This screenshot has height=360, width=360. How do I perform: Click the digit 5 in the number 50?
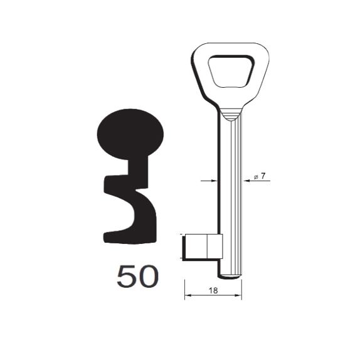pyautogui.click(x=125, y=276)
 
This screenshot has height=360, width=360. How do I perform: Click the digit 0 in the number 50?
pyautogui.click(x=147, y=276)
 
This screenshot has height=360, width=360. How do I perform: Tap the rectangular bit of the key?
pyautogui.click(x=202, y=246)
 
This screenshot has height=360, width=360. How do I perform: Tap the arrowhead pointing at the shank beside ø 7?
pyautogui.click(x=246, y=181)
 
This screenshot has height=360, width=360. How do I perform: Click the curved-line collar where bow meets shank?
pyautogui.click(x=229, y=115)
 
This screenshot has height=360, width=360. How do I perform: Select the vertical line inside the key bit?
pyautogui.click(x=206, y=246)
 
